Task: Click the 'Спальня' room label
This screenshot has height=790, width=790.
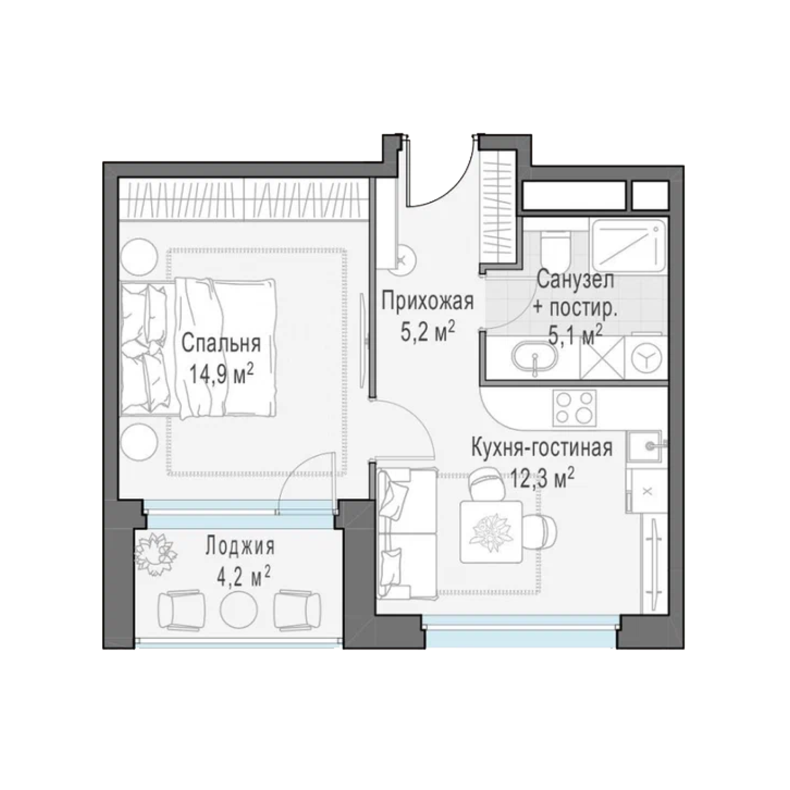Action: pos(221,344)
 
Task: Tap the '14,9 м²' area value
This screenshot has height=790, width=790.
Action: pos(221,376)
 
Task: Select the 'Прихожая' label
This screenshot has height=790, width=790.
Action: pos(428,302)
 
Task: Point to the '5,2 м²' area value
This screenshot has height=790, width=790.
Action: pos(427,333)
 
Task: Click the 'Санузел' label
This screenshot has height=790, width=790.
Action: pos(576,279)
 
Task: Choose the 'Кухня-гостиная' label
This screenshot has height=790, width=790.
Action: pos(541,448)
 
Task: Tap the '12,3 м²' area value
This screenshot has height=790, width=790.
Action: pos(542,479)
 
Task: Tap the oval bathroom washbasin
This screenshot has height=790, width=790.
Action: pos(535,357)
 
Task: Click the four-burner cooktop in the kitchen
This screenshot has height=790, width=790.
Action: pos(574,408)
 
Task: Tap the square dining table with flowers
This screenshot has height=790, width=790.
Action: pos(491,532)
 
